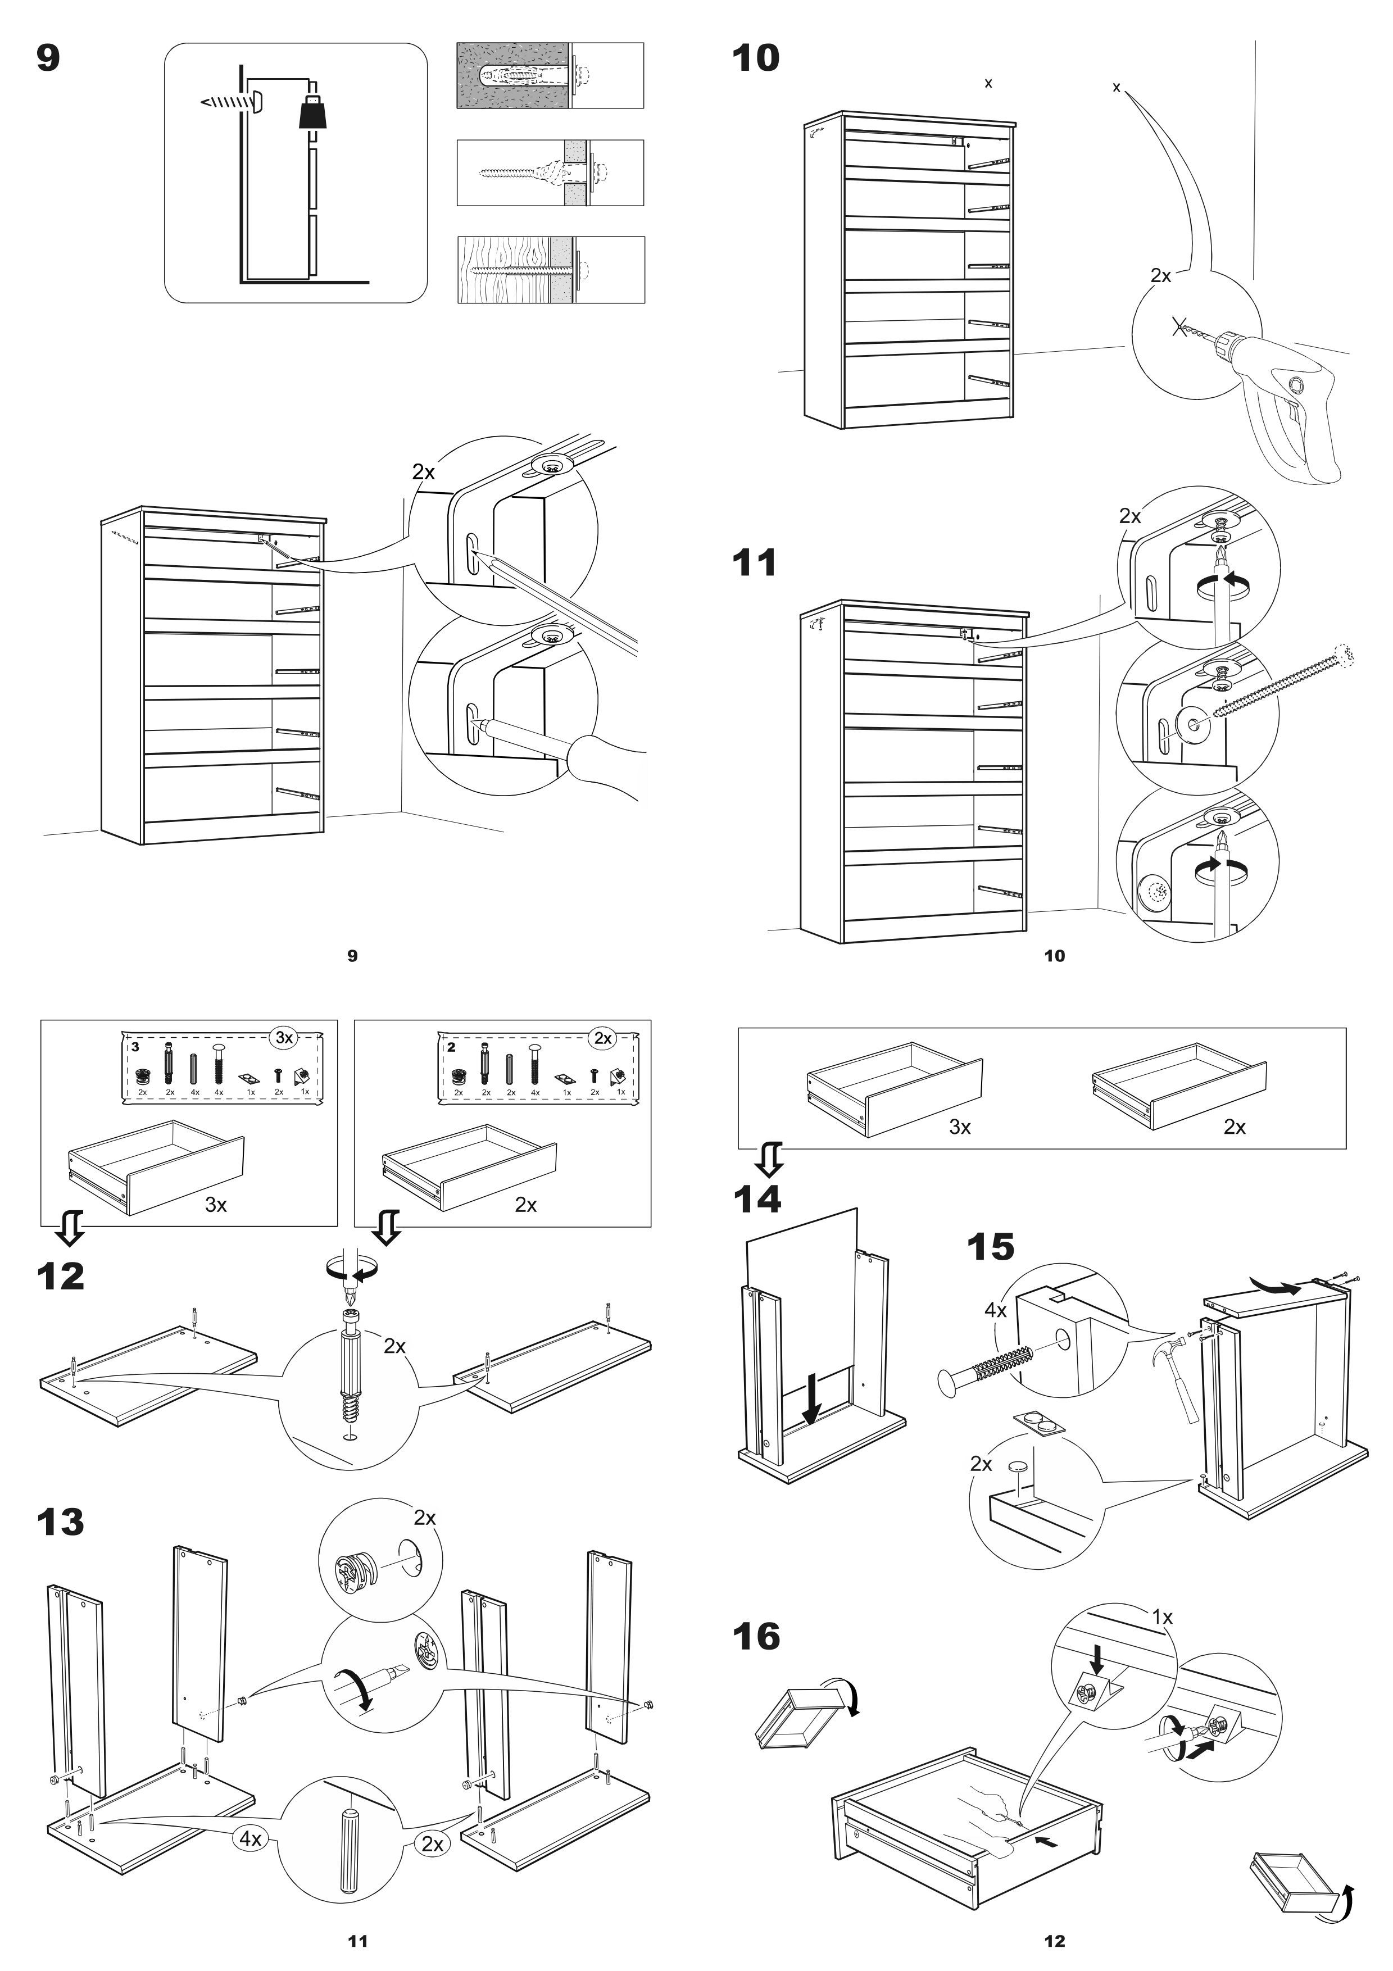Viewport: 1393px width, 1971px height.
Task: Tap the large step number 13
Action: point(60,1522)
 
